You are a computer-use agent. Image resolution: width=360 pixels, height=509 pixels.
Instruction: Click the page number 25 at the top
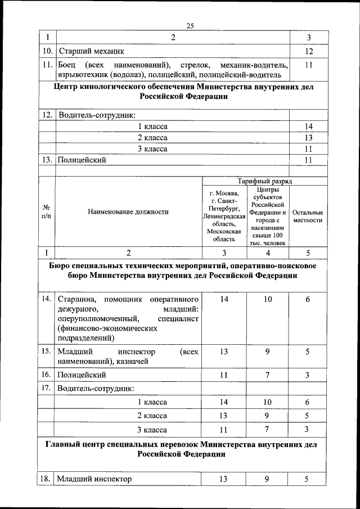click(190, 25)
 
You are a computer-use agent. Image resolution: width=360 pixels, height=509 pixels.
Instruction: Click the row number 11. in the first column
click(47, 65)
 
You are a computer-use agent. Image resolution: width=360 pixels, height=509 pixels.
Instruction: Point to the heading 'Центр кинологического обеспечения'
click(183, 91)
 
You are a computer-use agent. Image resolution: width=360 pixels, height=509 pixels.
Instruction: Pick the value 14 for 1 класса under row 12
click(308, 127)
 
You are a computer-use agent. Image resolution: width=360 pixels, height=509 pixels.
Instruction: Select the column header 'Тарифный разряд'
click(264, 181)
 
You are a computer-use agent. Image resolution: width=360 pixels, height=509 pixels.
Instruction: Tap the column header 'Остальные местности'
click(307, 217)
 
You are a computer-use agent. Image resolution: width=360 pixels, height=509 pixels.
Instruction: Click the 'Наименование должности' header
click(128, 212)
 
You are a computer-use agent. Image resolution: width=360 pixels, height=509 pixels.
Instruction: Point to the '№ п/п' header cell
click(47, 212)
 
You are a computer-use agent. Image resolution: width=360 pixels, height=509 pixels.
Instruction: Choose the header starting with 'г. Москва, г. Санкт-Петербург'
click(224, 216)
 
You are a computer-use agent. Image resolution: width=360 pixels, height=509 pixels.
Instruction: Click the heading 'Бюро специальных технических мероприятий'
click(183, 271)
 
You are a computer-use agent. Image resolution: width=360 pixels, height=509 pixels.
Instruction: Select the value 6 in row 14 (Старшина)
click(308, 299)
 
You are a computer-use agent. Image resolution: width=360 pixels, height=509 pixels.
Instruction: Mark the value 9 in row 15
click(267, 352)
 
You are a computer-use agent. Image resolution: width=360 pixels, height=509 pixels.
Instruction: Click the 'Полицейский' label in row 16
click(82, 375)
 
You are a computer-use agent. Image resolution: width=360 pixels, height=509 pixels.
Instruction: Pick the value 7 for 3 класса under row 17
click(267, 430)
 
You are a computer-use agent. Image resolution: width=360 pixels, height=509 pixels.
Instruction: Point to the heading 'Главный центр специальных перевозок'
click(183, 449)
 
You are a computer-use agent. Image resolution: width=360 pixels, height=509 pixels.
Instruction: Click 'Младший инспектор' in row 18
click(94, 479)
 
